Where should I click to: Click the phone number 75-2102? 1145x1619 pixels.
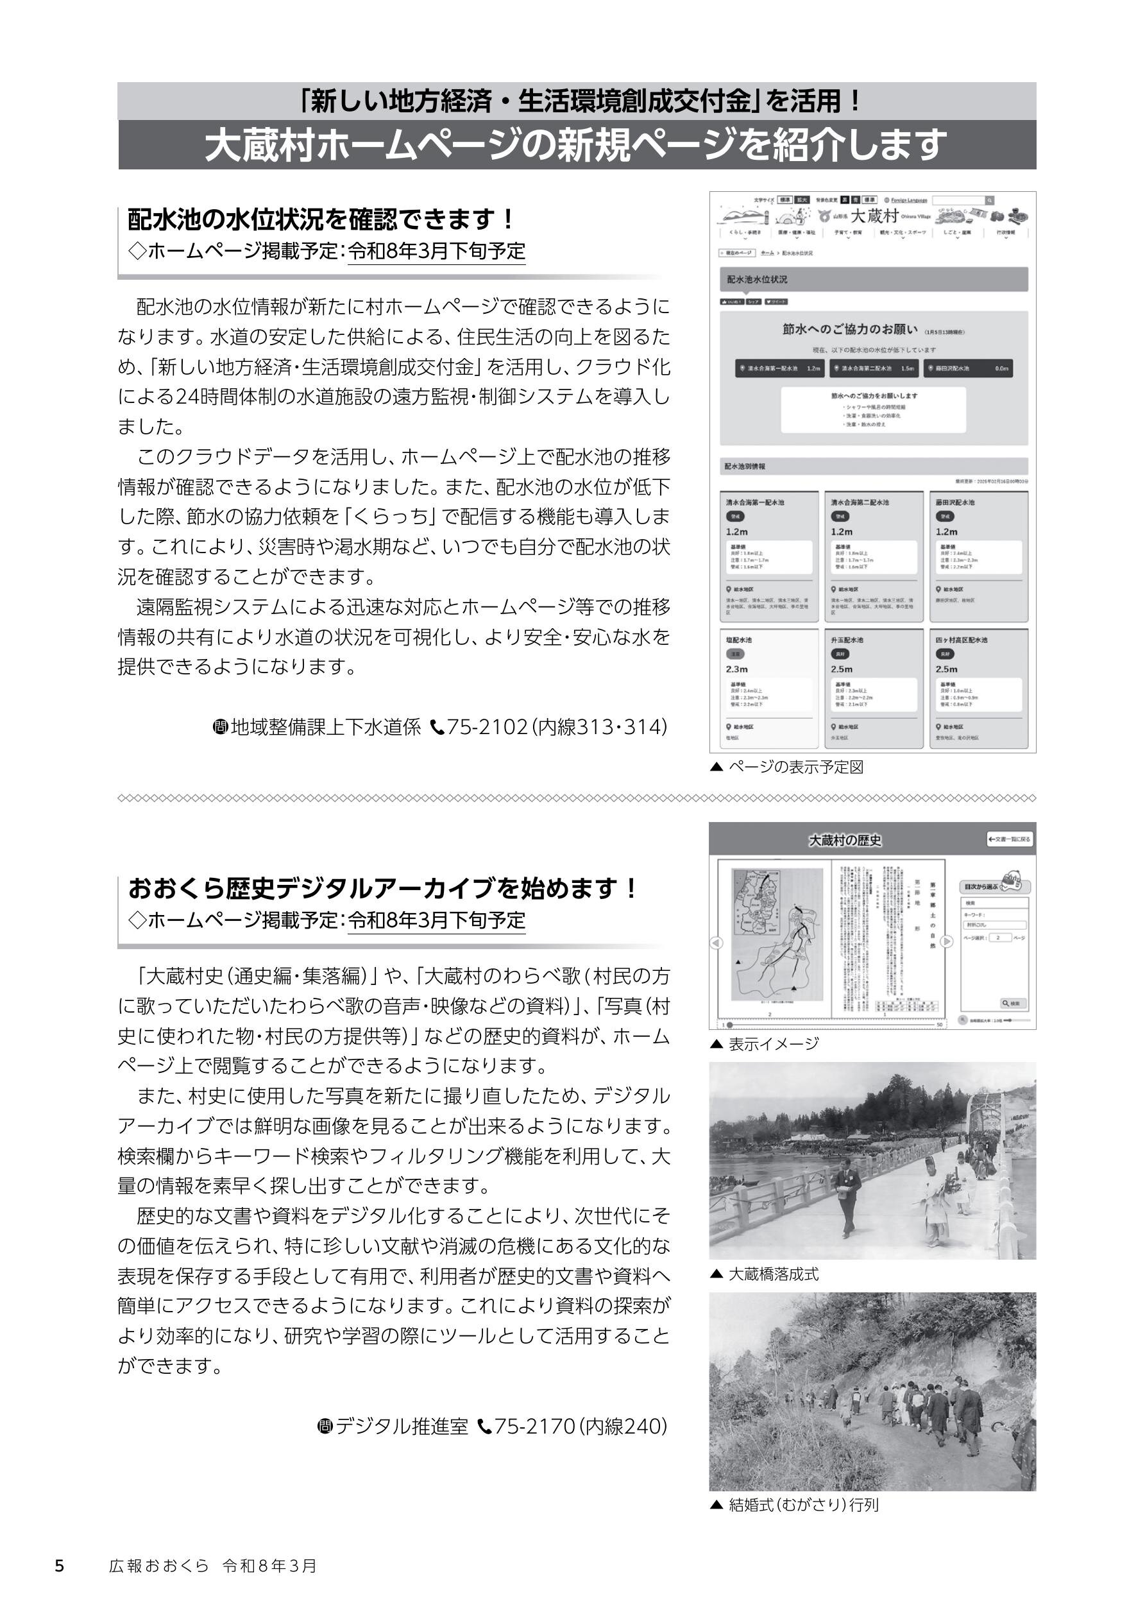pos(486,726)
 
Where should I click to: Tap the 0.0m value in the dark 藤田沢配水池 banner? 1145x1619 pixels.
pos(1001,368)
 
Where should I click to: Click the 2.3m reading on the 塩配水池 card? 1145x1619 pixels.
pos(737,669)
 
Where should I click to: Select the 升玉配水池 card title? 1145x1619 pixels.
pos(847,640)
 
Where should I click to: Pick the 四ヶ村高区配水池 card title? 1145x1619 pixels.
pos(962,640)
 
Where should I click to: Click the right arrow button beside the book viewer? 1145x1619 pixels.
pos(947,941)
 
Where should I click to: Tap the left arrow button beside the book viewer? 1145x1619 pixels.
pos(717,943)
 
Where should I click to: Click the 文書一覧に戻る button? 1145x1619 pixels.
pos(1009,839)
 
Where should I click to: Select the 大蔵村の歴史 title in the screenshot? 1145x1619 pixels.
pos(845,841)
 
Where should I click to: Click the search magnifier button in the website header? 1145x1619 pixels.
pos(989,201)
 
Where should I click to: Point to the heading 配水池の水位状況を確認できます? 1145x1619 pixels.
pos(321,219)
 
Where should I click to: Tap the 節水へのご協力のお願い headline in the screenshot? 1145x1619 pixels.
pos(849,329)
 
